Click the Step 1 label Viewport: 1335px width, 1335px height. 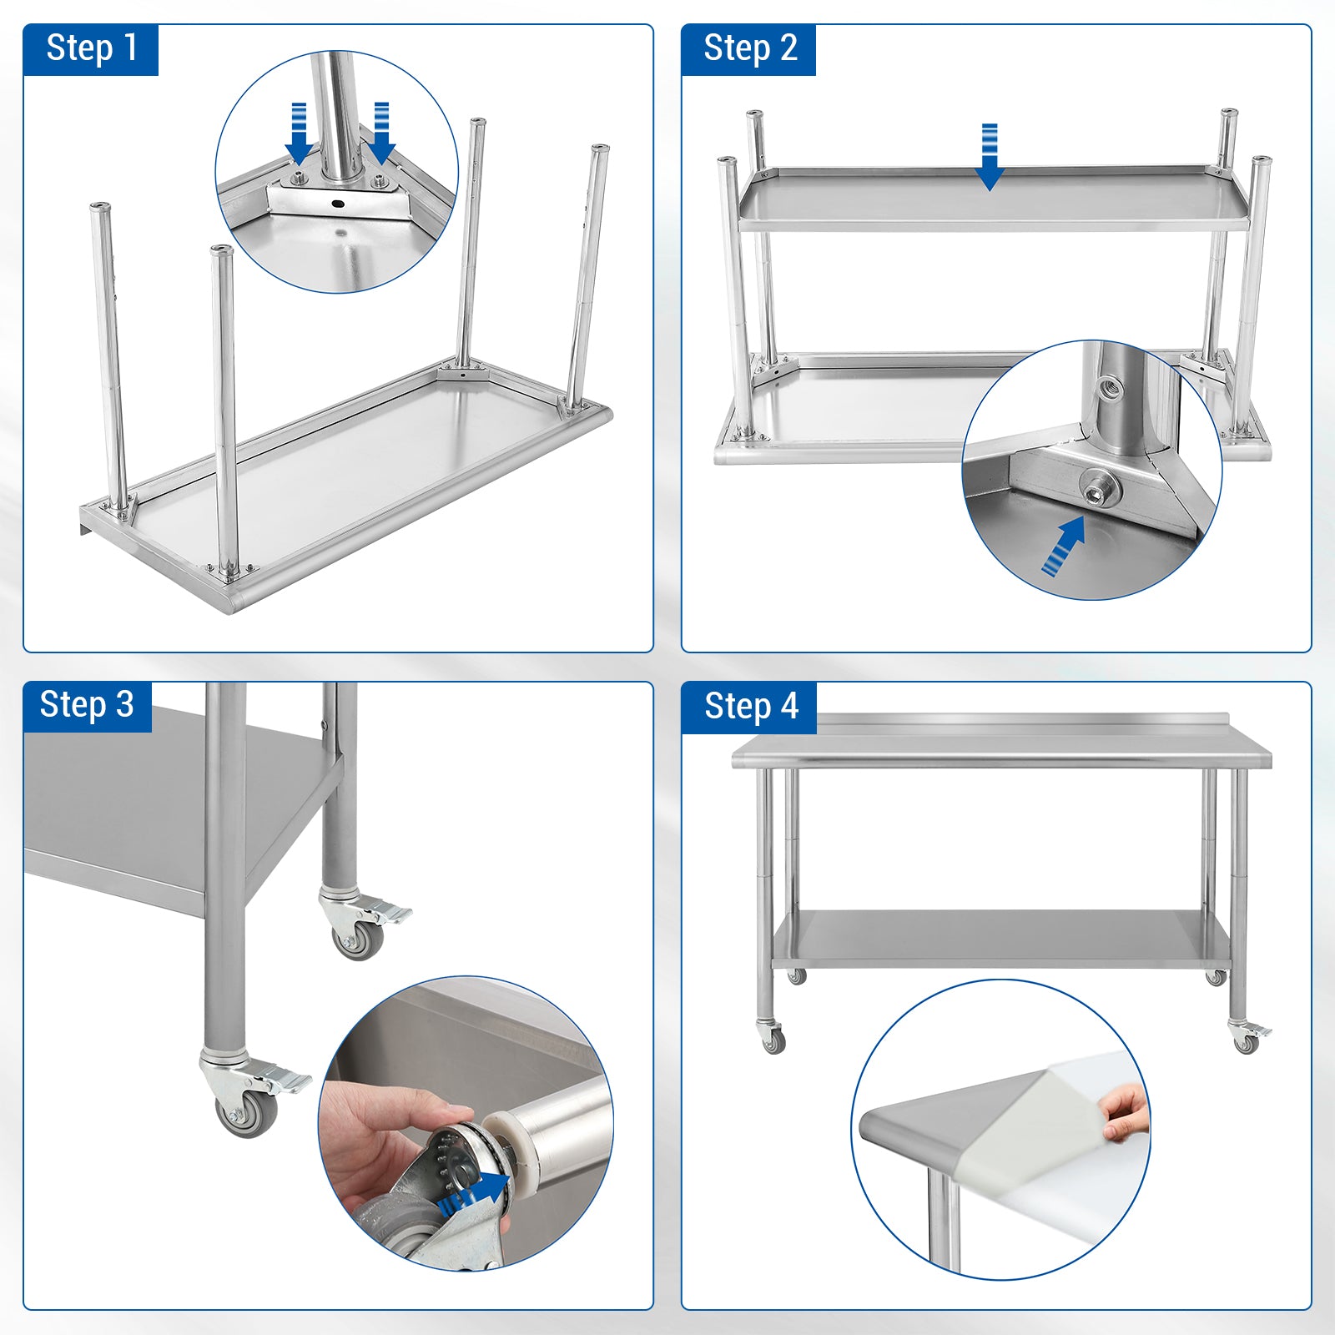[91, 48]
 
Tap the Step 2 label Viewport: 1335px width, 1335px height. [750, 48]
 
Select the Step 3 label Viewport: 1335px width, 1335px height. [87, 705]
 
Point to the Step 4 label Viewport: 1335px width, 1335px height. [751, 706]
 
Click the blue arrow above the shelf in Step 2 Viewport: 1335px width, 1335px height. [990, 157]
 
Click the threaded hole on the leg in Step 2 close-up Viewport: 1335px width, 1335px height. [1110, 387]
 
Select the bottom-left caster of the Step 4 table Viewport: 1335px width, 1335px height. [772, 1036]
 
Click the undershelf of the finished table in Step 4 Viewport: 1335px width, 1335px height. [1001, 939]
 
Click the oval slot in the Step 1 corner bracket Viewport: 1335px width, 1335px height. [337, 204]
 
